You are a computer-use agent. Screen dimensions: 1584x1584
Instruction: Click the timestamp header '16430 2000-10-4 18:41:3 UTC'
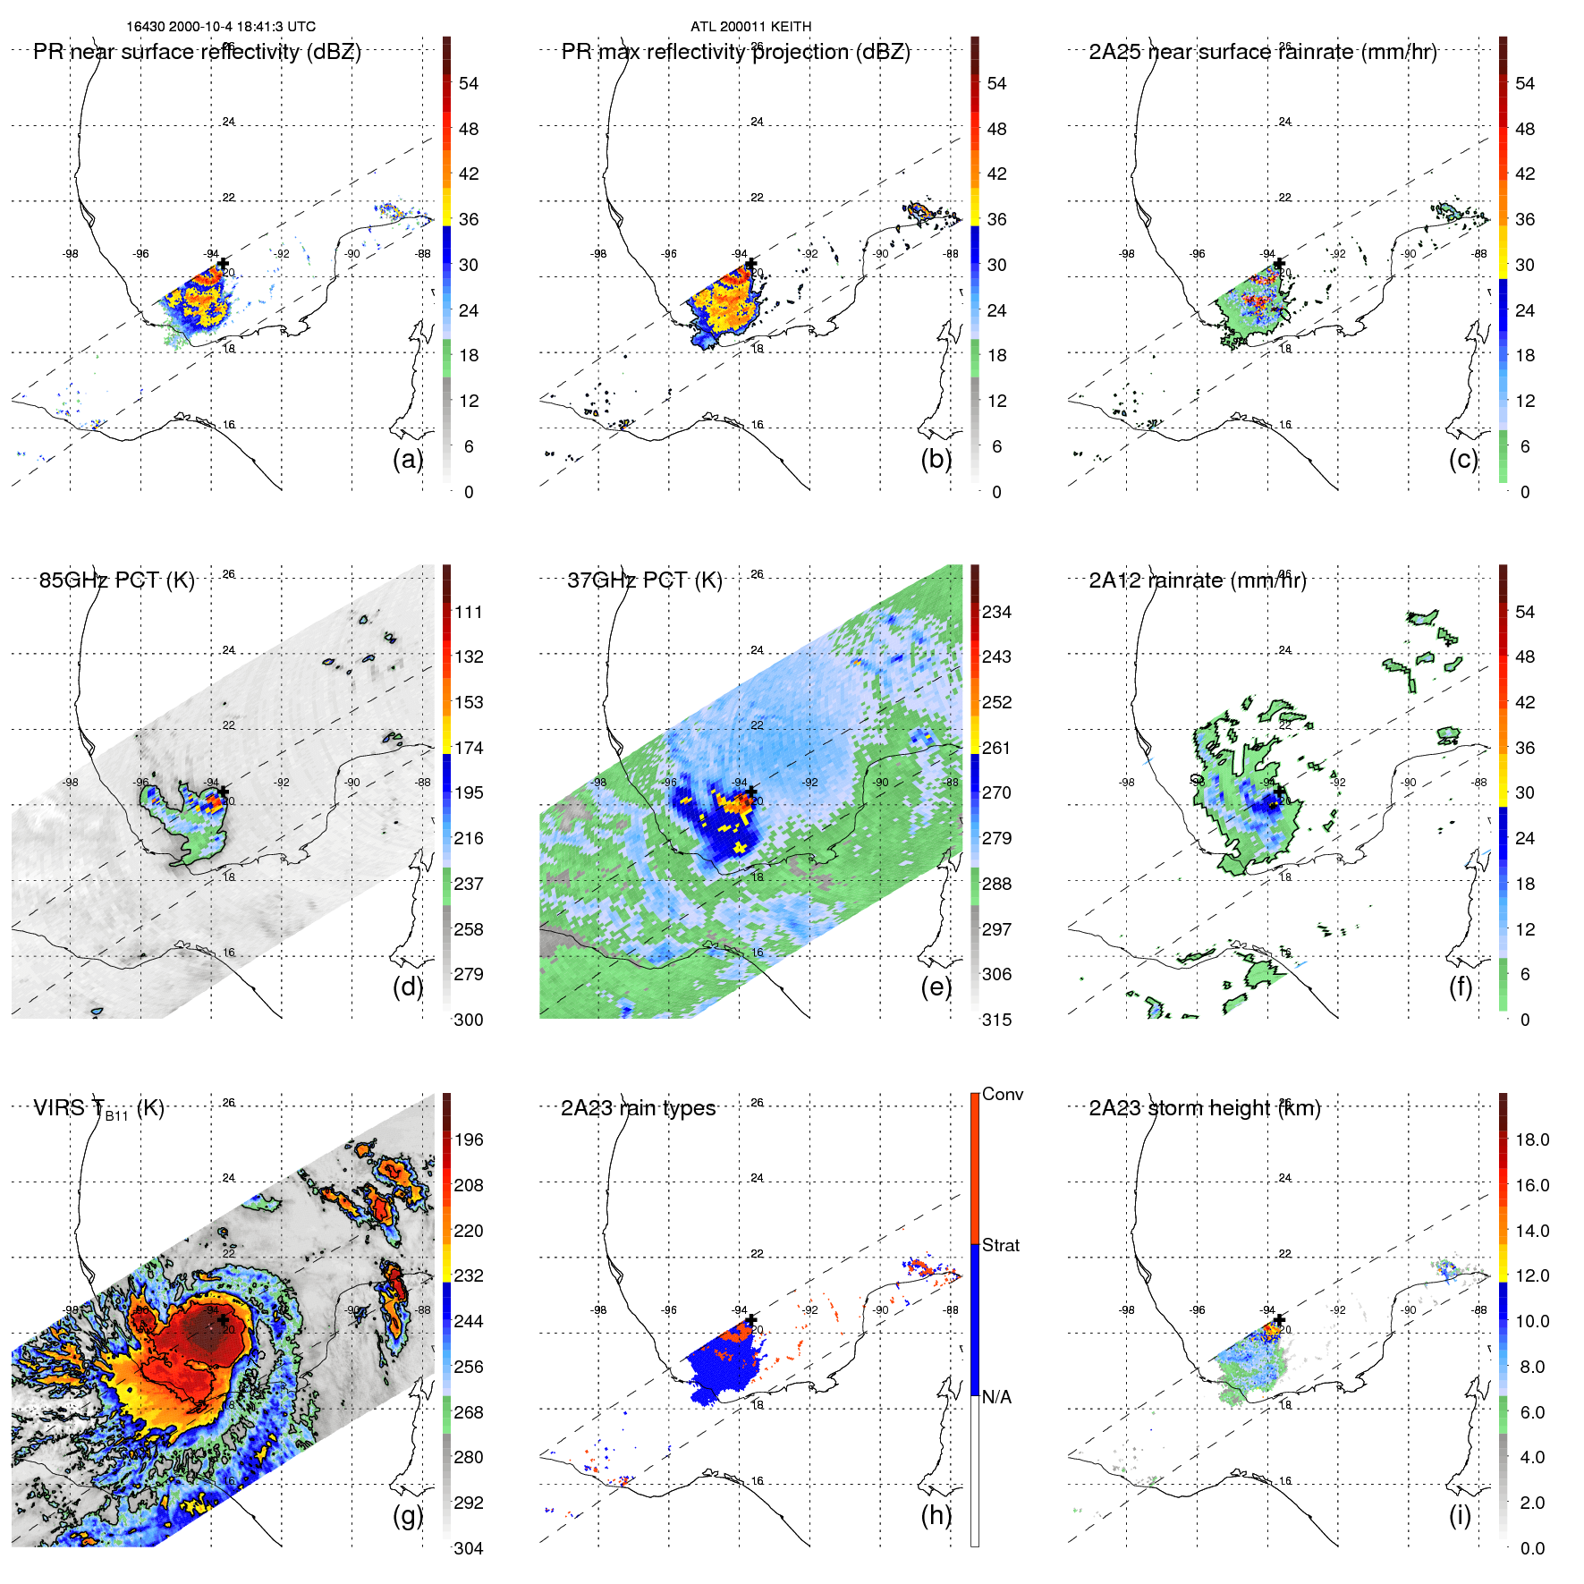(221, 27)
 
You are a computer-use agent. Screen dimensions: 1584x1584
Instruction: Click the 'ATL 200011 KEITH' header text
(750, 27)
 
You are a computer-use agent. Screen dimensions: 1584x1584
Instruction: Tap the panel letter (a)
(408, 459)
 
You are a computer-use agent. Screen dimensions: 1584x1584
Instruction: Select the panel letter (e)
(936, 987)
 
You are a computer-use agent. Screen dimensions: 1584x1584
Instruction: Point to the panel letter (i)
(1460, 1515)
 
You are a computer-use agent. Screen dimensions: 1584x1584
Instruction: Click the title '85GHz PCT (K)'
(116, 580)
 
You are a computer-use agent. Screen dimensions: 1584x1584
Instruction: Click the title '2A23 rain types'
(638, 1108)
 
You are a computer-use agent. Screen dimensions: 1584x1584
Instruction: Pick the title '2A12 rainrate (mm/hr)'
(1198, 580)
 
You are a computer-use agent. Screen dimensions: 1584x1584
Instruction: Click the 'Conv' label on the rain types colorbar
(1003, 1094)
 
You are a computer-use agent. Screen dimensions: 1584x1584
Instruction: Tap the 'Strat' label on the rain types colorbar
(1001, 1245)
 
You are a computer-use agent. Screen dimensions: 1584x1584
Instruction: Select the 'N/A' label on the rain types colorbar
(996, 1397)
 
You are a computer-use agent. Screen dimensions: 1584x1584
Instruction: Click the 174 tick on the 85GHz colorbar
(469, 748)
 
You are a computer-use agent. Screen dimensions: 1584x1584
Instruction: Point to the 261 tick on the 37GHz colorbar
(996, 748)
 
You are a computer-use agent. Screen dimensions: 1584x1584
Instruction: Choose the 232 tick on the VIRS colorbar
(469, 1275)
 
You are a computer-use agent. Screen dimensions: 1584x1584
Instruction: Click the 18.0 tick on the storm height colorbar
(1532, 1139)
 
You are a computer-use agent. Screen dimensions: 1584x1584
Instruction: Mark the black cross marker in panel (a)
(223, 265)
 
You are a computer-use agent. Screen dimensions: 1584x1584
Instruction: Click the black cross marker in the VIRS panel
(223, 1320)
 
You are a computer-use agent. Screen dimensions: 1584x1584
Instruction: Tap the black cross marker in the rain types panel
(751, 1320)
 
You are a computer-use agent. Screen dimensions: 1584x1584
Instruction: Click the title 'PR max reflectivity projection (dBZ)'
(735, 52)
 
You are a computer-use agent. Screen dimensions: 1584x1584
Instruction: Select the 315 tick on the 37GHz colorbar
(996, 1020)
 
